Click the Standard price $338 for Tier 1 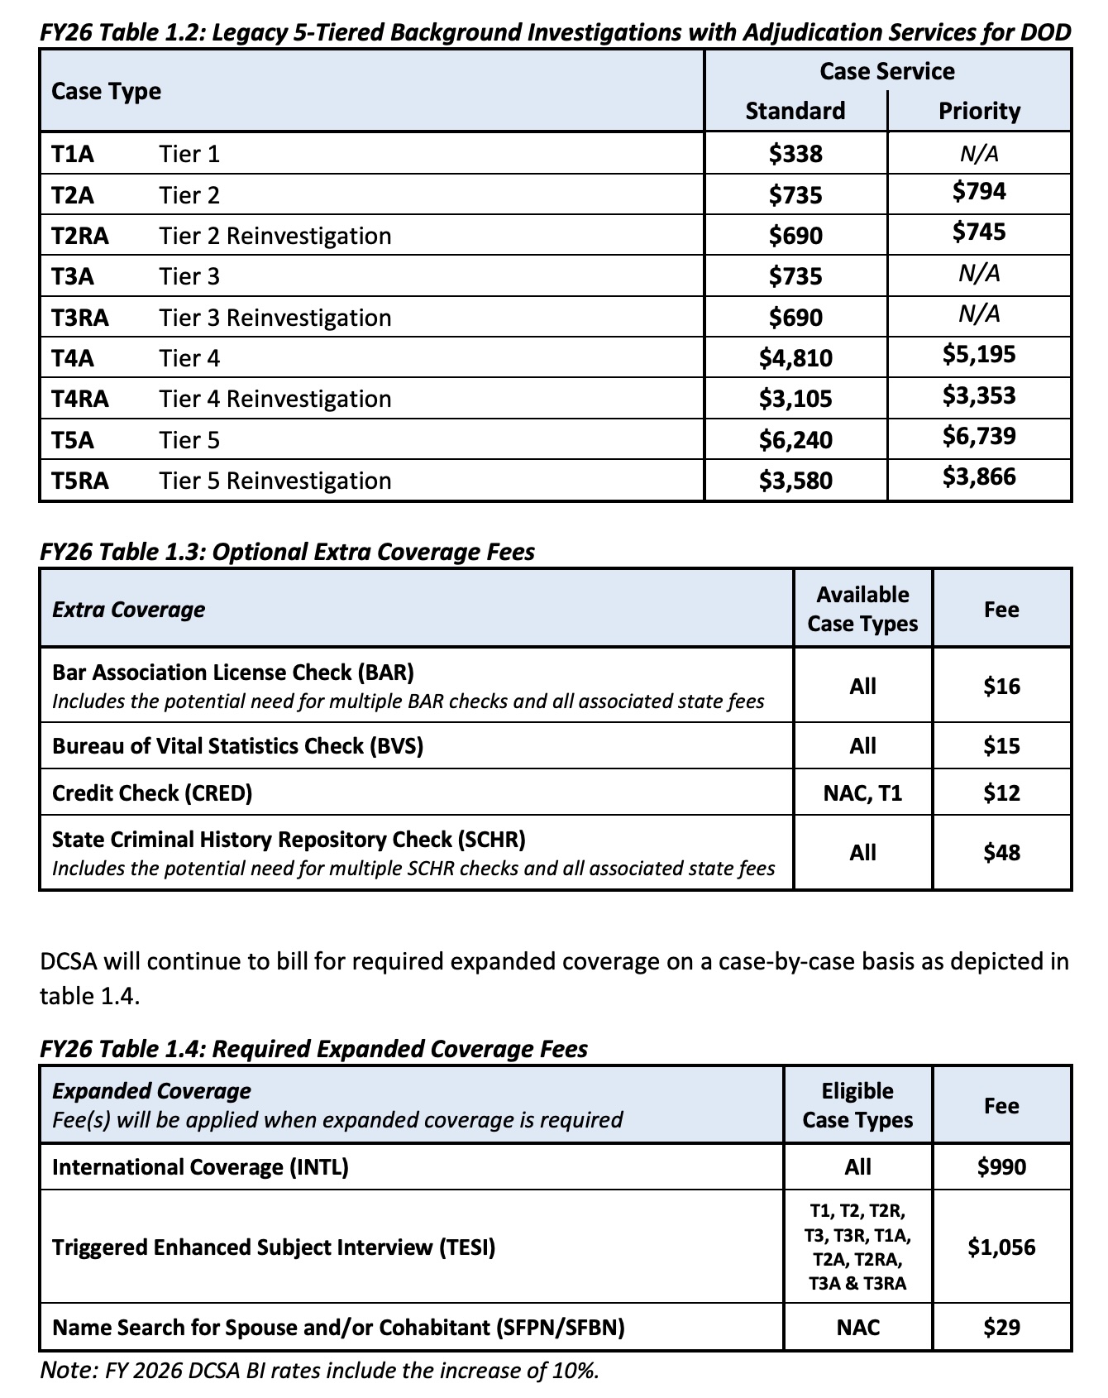click(795, 154)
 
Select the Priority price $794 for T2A click(979, 192)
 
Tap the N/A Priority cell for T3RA click(979, 314)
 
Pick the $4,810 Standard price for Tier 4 click(795, 358)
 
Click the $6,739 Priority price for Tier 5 click(979, 436)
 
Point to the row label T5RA click(79, 481)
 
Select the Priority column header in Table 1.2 click(979, 111)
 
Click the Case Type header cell click(106, 91)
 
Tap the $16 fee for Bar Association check click(1001, 687)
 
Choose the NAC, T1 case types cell click(862, 793)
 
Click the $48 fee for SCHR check click(1001, 853)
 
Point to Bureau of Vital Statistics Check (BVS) click(237, 746)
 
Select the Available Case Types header click(862, 609)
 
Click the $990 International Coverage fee click(1001, 1167)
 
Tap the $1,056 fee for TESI click(1001, 1247)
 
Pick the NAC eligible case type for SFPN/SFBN click(857, 1328)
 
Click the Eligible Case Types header click(857, 1105)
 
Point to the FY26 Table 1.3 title click(287, 552)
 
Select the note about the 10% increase click(319, 1371)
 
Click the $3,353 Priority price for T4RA click(979, 395)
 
